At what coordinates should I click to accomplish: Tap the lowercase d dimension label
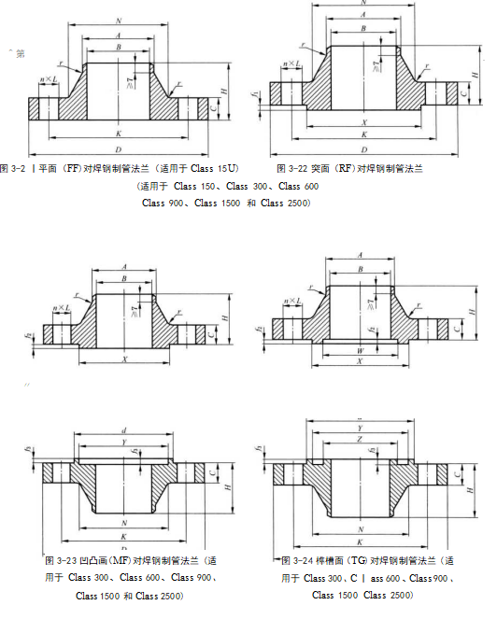tap(124, 430)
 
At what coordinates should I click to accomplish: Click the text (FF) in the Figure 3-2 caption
tap(70, 168)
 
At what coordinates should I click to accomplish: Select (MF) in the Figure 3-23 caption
tap(110, 560)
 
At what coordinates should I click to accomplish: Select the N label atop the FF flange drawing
tap(118, 21)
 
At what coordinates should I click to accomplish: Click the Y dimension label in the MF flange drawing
tap(124, 442)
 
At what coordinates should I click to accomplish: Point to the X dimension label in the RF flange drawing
tap(362, 122)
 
